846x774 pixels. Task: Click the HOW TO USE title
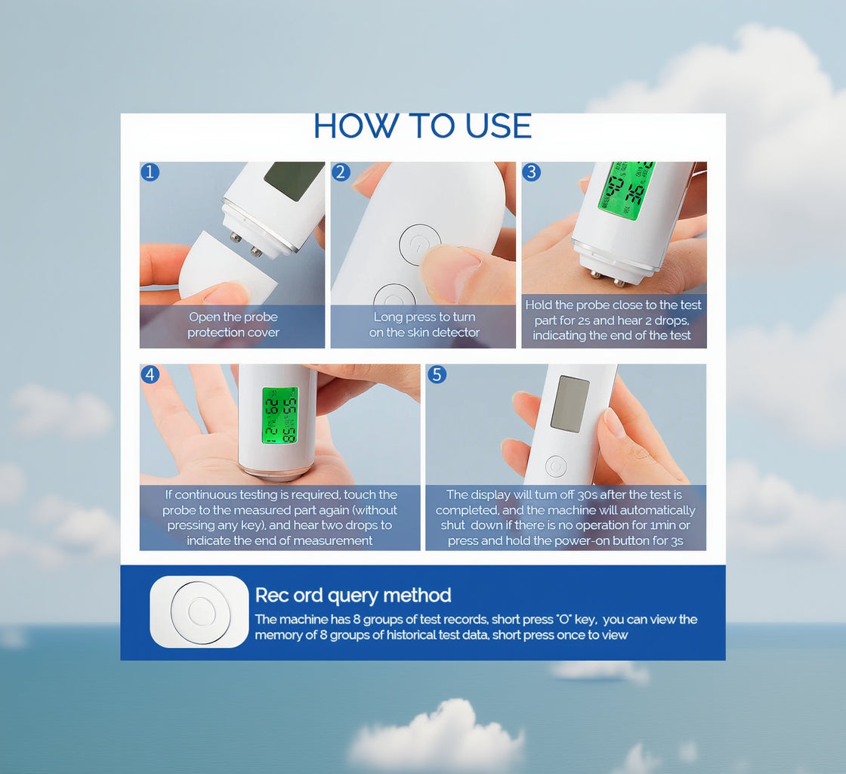point(422,126)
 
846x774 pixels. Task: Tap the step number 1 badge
point(150,172)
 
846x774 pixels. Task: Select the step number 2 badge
point(341,172)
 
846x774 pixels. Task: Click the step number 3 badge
point(531,172)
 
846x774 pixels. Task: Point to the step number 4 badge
point(150,374)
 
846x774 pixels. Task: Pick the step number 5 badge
point(436,374)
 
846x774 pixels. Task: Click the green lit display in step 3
point(625,189)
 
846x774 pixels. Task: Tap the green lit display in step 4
point(279,415)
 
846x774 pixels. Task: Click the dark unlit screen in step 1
point(293,179)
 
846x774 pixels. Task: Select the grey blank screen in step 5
point(570,404)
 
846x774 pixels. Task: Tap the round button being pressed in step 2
point(419,244)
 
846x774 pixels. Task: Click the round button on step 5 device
point(556,466)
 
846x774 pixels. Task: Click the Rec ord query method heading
point(353,595)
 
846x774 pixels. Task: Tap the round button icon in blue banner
point(199,611)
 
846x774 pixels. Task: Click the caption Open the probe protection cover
point(233,325)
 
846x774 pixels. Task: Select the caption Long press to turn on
point(424,325)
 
